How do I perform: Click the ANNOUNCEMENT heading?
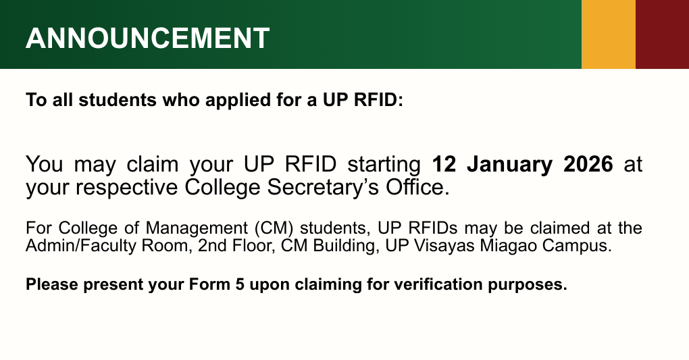[147, 38]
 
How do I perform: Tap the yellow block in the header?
[608, 34]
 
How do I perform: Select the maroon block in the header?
[662, 34]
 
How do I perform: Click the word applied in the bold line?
[230, 101]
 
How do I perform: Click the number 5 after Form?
[239, 284]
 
